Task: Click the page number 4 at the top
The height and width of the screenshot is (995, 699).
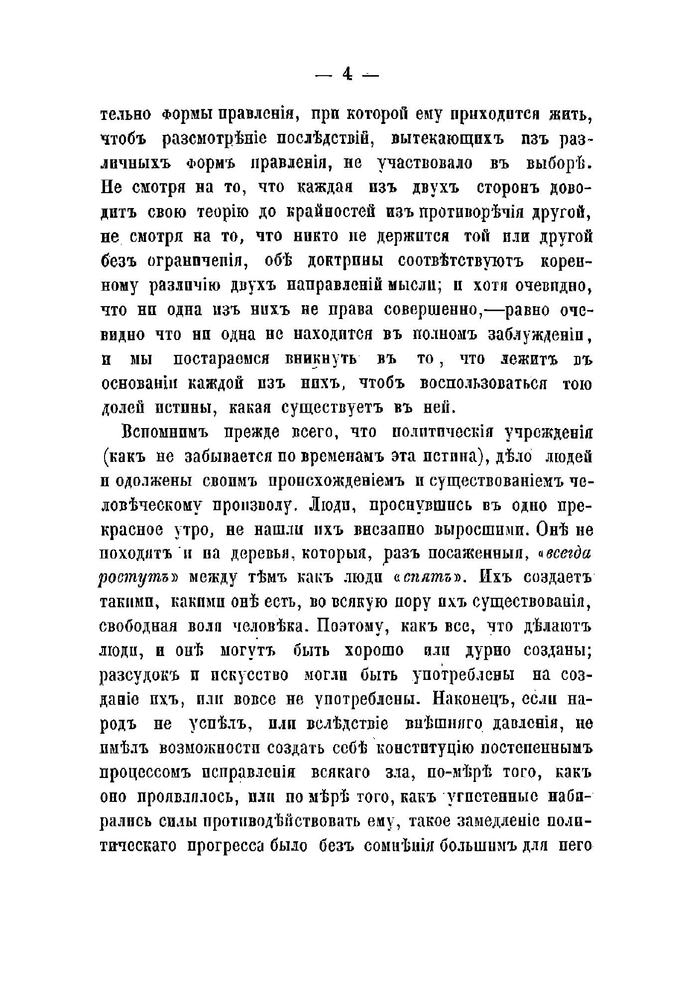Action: click(x=347, y=75)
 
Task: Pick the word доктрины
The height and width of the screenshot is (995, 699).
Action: click(x=342, y=261)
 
